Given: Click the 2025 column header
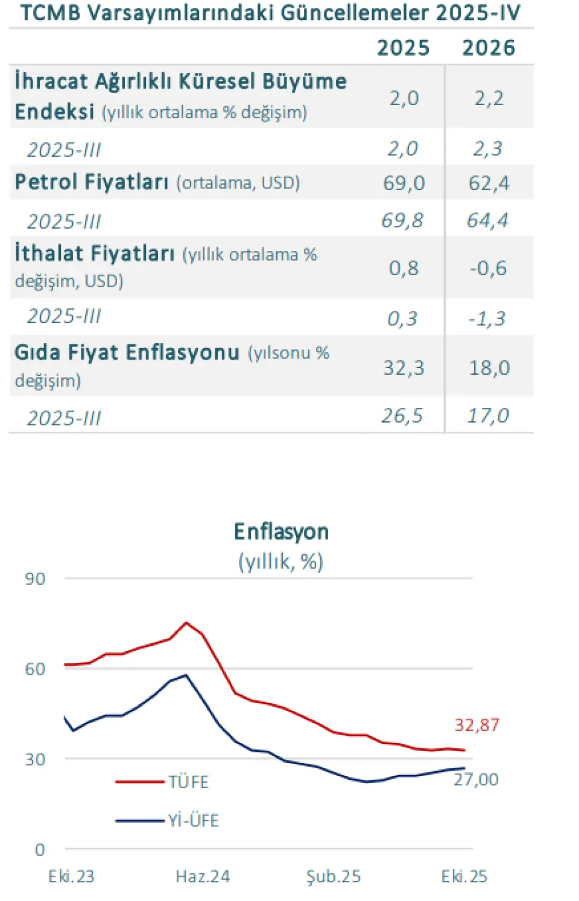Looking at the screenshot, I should (403, 48).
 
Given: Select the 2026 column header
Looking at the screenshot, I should (489, 48).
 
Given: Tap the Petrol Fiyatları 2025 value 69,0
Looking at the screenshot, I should (403, 183).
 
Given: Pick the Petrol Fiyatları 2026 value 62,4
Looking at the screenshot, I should (489, 183).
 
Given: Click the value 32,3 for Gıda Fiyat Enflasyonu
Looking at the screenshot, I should (403, 368).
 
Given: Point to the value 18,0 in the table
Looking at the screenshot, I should (489, 368).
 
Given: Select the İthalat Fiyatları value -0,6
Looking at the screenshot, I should (488, 268).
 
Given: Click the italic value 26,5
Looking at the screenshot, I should (402, 416).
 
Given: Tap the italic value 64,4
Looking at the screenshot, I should (487, 221).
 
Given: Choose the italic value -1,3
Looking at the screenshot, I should (487, 318).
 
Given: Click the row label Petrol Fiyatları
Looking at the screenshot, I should (92, 182).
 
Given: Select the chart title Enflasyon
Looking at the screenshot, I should (281, 532).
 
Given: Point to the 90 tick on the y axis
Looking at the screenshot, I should (35, 579).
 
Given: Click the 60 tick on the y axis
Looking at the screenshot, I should (35, 669).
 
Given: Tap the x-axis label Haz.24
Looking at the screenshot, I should (203, 876).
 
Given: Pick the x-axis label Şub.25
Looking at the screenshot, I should (334, 876).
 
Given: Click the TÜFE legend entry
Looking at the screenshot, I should (188, 782).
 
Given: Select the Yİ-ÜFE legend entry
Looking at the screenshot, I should (193, 821).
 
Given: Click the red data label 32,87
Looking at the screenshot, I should (476, 725).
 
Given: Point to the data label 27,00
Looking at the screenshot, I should (476, 780).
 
